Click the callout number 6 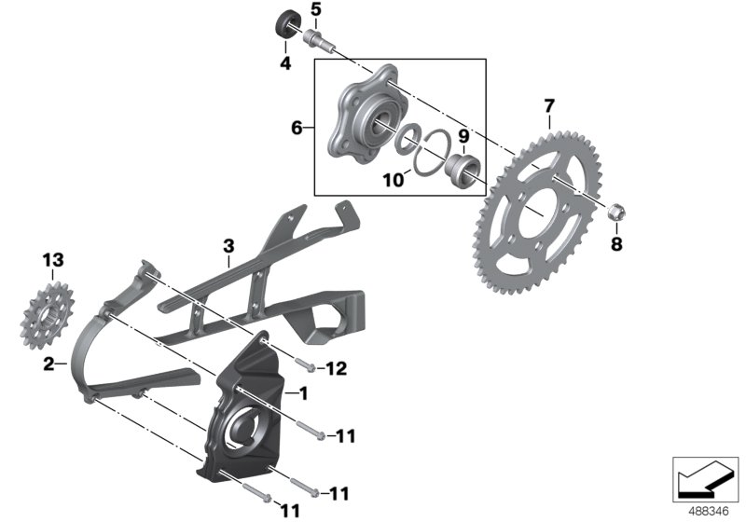[297, 128]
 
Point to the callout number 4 [285, 63]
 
